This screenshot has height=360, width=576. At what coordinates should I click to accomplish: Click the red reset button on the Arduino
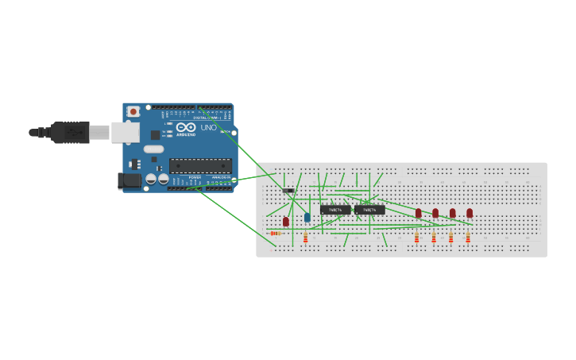coord(133,112)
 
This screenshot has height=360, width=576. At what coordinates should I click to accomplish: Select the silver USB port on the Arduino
coord(125,132)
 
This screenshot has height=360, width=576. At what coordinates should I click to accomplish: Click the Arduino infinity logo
coord(186,127)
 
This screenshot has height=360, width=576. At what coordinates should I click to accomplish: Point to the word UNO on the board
coord(208,127)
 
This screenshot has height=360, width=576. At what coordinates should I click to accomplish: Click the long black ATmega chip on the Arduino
coord(200,166)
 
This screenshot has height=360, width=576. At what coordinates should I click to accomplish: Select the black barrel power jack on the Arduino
coord(130,181)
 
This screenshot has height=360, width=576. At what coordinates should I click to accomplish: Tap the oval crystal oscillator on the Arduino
coord(153,149)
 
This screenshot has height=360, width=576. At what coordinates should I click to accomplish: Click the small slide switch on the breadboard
coord(288,190)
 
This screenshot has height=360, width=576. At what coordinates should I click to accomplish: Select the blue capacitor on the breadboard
coord(307,217)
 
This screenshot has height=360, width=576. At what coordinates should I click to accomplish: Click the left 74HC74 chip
coord(335,210)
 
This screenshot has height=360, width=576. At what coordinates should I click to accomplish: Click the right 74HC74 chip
coord(369,210)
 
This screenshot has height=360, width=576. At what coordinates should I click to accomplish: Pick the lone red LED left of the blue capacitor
coord(286,222)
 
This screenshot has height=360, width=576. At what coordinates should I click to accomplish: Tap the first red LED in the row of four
coord(419,213)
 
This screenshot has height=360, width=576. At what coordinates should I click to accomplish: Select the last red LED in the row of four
coord(470,213)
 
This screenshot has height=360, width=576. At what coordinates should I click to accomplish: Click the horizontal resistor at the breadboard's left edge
coord(276,233)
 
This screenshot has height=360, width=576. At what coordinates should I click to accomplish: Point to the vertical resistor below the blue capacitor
coord(305,238)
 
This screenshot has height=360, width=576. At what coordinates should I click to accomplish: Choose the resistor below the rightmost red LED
coord(468,238)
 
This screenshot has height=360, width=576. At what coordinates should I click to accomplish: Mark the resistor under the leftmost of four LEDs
coord(416,238)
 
